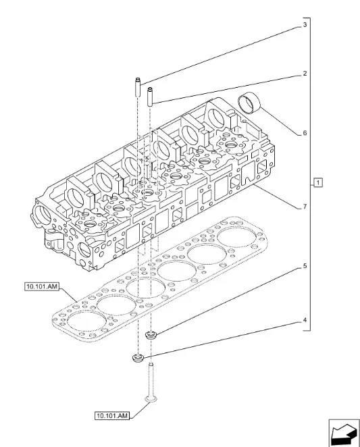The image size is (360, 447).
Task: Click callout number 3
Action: [305, 25]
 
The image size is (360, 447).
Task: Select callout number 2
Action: [305, 73]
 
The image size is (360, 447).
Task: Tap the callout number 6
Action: [305, 133]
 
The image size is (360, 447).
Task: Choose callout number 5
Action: [305, 267]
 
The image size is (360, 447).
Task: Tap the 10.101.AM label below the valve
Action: [111, 415]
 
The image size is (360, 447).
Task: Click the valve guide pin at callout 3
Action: [136, 88]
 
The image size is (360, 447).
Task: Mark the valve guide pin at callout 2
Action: [151, 95]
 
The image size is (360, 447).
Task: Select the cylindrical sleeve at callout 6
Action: [251, 104]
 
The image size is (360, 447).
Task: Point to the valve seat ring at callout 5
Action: [152, 333]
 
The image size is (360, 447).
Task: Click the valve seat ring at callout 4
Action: [138, 357]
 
